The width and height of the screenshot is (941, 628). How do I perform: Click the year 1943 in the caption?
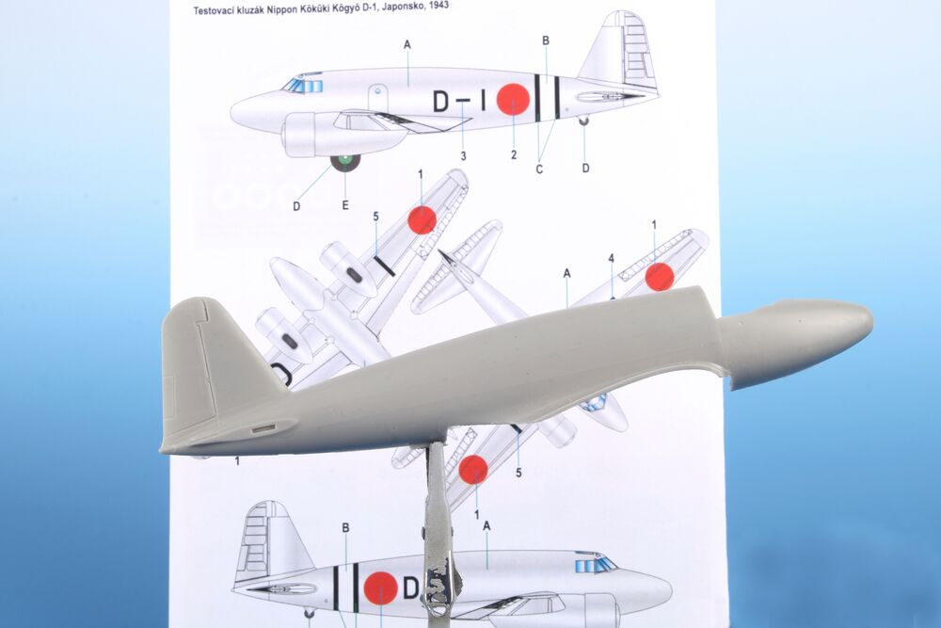pos(438,6)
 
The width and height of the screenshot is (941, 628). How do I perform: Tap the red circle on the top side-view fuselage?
pos(513,99)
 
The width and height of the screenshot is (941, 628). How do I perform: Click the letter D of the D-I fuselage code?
pos(441,103)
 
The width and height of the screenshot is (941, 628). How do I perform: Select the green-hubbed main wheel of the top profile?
pos(345,162)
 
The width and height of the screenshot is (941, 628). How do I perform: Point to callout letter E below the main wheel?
pos(345,205)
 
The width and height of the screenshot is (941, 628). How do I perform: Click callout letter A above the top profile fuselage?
pos(407,44)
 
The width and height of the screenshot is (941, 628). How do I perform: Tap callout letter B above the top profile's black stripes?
pos(546,40)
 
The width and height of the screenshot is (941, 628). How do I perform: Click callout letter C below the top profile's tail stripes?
pos(539,169)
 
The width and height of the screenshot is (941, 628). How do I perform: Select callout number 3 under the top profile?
pos(463,156)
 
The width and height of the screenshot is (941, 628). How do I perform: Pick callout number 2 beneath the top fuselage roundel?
pos(514,155)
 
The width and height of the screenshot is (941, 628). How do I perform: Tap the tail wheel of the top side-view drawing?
pos(583,121)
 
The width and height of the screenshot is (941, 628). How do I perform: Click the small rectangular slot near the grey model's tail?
pos(263,428)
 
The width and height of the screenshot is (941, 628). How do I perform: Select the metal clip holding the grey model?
pos(439,528)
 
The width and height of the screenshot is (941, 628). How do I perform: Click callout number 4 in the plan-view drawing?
pos(611,258)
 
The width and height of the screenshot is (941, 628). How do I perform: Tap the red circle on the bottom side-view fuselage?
pos(380,588)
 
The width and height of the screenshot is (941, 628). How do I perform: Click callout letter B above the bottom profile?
pos(345,527)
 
